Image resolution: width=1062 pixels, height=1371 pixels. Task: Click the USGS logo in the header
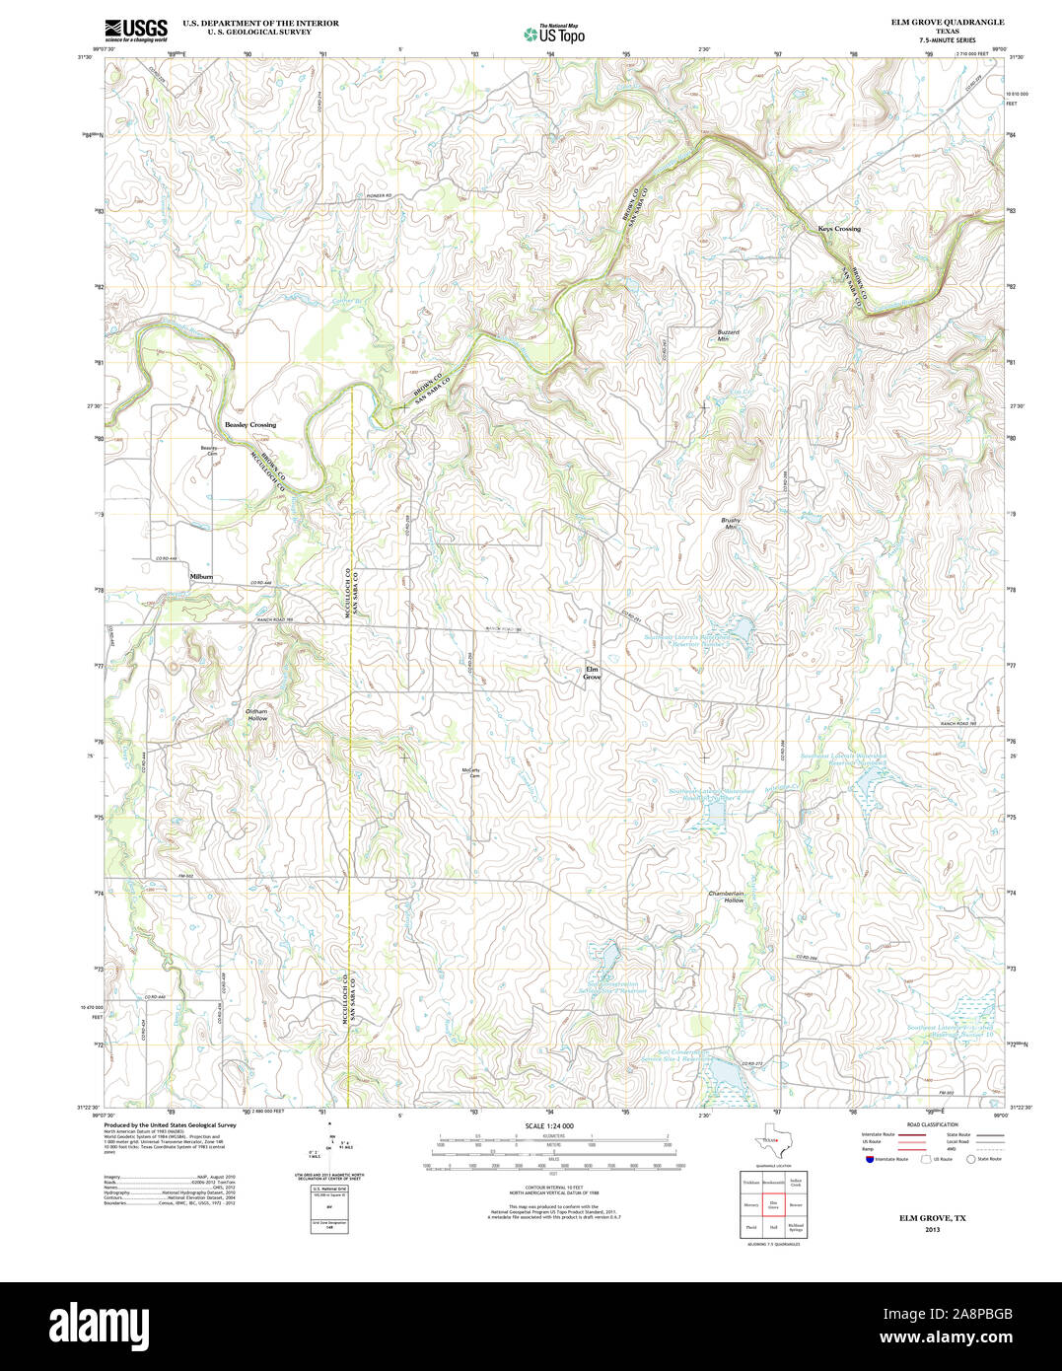click(x=136, y=30)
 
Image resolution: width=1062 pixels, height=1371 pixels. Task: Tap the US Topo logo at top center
click(x=554, y=34)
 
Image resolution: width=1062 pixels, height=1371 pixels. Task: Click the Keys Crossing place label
click(x=839, y=229)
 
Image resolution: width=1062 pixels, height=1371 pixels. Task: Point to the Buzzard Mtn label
click(x=728, y=335)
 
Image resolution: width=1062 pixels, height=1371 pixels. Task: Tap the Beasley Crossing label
click(x=250, y=424)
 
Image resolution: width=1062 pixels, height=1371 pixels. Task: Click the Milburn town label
click(x=201, y=577)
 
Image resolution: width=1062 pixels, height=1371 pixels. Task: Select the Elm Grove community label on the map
click(x=592, y=674)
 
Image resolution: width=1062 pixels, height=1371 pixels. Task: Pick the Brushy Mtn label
click(x=731, y=524)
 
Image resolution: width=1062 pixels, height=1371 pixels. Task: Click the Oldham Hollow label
click(x=256, y=715)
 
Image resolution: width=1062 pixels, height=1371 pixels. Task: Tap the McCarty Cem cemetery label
click(x=471, y=773)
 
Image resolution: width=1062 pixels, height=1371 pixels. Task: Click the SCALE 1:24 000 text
click(x=549, y=1125)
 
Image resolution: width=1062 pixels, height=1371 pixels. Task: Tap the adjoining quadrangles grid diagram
click(x=773, y=1203)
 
